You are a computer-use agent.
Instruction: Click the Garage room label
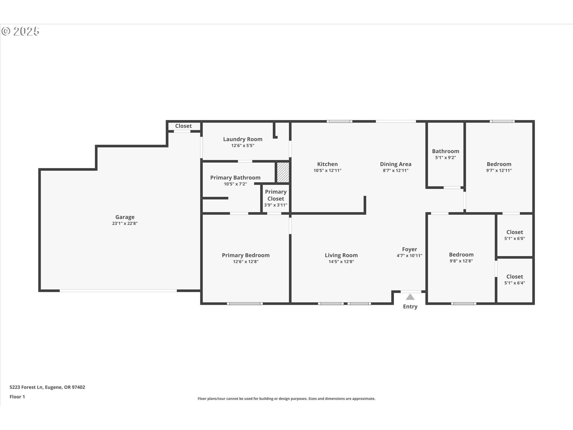125,217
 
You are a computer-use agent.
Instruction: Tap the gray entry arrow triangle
410,297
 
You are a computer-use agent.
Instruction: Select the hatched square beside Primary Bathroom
283,172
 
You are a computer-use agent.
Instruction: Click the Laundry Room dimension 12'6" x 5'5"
243,146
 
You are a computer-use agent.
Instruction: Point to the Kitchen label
327,164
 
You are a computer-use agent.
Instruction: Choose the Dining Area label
395,164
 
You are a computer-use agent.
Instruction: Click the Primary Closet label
275,195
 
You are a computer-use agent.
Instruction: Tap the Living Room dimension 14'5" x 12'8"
341,262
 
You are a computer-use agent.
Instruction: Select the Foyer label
409,249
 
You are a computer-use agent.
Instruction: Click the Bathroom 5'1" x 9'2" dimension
445,158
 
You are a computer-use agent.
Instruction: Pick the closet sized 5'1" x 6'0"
515,235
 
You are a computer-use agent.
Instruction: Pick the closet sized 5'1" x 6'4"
515,279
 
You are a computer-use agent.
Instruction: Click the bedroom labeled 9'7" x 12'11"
499,167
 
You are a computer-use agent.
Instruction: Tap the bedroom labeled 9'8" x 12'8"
461,257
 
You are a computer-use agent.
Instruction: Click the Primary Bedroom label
246,255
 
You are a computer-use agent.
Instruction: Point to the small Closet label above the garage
183,126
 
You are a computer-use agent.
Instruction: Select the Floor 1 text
17,397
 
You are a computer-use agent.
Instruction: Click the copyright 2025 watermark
20,31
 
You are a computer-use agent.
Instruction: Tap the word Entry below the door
410,307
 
